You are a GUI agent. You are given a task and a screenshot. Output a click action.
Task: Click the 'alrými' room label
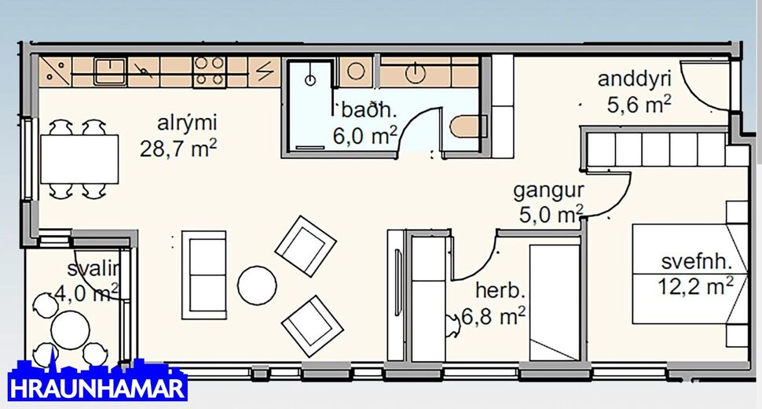(187, 123)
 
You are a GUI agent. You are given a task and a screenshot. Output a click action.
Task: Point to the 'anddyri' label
(630, 79)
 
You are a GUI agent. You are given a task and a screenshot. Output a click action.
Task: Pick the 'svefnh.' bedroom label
(696, 263)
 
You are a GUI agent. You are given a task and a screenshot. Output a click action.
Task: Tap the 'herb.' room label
(499, 291)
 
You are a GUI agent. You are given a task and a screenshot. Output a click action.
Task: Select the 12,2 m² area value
(696, 286)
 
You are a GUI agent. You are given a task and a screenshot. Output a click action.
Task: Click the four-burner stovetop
(210, 72)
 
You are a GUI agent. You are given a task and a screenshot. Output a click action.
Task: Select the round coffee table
(257, 285)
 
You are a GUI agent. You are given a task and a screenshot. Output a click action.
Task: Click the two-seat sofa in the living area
(203, 275)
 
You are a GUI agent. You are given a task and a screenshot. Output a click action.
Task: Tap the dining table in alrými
(79, 159)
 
